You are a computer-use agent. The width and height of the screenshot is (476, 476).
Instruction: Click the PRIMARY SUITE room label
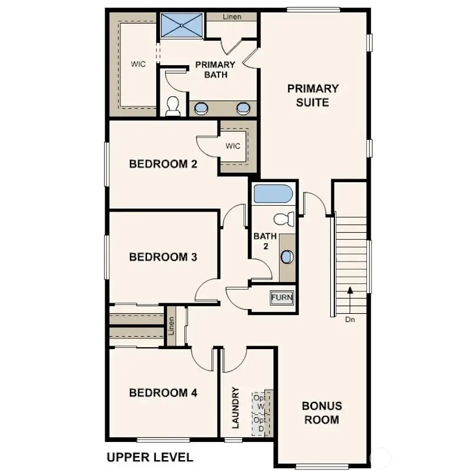click(313, 96)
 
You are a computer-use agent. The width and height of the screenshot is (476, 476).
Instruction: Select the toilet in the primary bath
click(173, 106)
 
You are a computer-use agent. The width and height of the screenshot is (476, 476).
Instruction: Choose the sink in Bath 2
click(287, 257)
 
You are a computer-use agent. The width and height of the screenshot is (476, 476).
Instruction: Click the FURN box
click(281, 297)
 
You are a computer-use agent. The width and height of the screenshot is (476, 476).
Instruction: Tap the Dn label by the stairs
click(350, 320)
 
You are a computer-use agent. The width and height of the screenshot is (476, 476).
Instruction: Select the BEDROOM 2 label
click(163, 164)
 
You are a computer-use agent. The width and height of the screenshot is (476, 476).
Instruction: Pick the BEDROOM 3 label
click(163, 257)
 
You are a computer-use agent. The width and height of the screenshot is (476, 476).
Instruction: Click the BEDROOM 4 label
click(163, 393)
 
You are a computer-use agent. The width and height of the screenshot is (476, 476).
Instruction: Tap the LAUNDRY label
click(236, 407)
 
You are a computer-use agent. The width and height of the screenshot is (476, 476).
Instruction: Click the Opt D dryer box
click(260, 424)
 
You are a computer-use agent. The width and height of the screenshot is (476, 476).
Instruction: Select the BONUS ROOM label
click(321, 413)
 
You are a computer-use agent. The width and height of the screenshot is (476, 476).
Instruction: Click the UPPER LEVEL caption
click(149, 457)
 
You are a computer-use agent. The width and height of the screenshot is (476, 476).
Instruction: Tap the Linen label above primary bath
click(232, 17)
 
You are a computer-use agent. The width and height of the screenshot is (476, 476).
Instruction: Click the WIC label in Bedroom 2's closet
click(233, 146)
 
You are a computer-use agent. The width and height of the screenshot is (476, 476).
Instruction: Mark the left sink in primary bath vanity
click(202, 108)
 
